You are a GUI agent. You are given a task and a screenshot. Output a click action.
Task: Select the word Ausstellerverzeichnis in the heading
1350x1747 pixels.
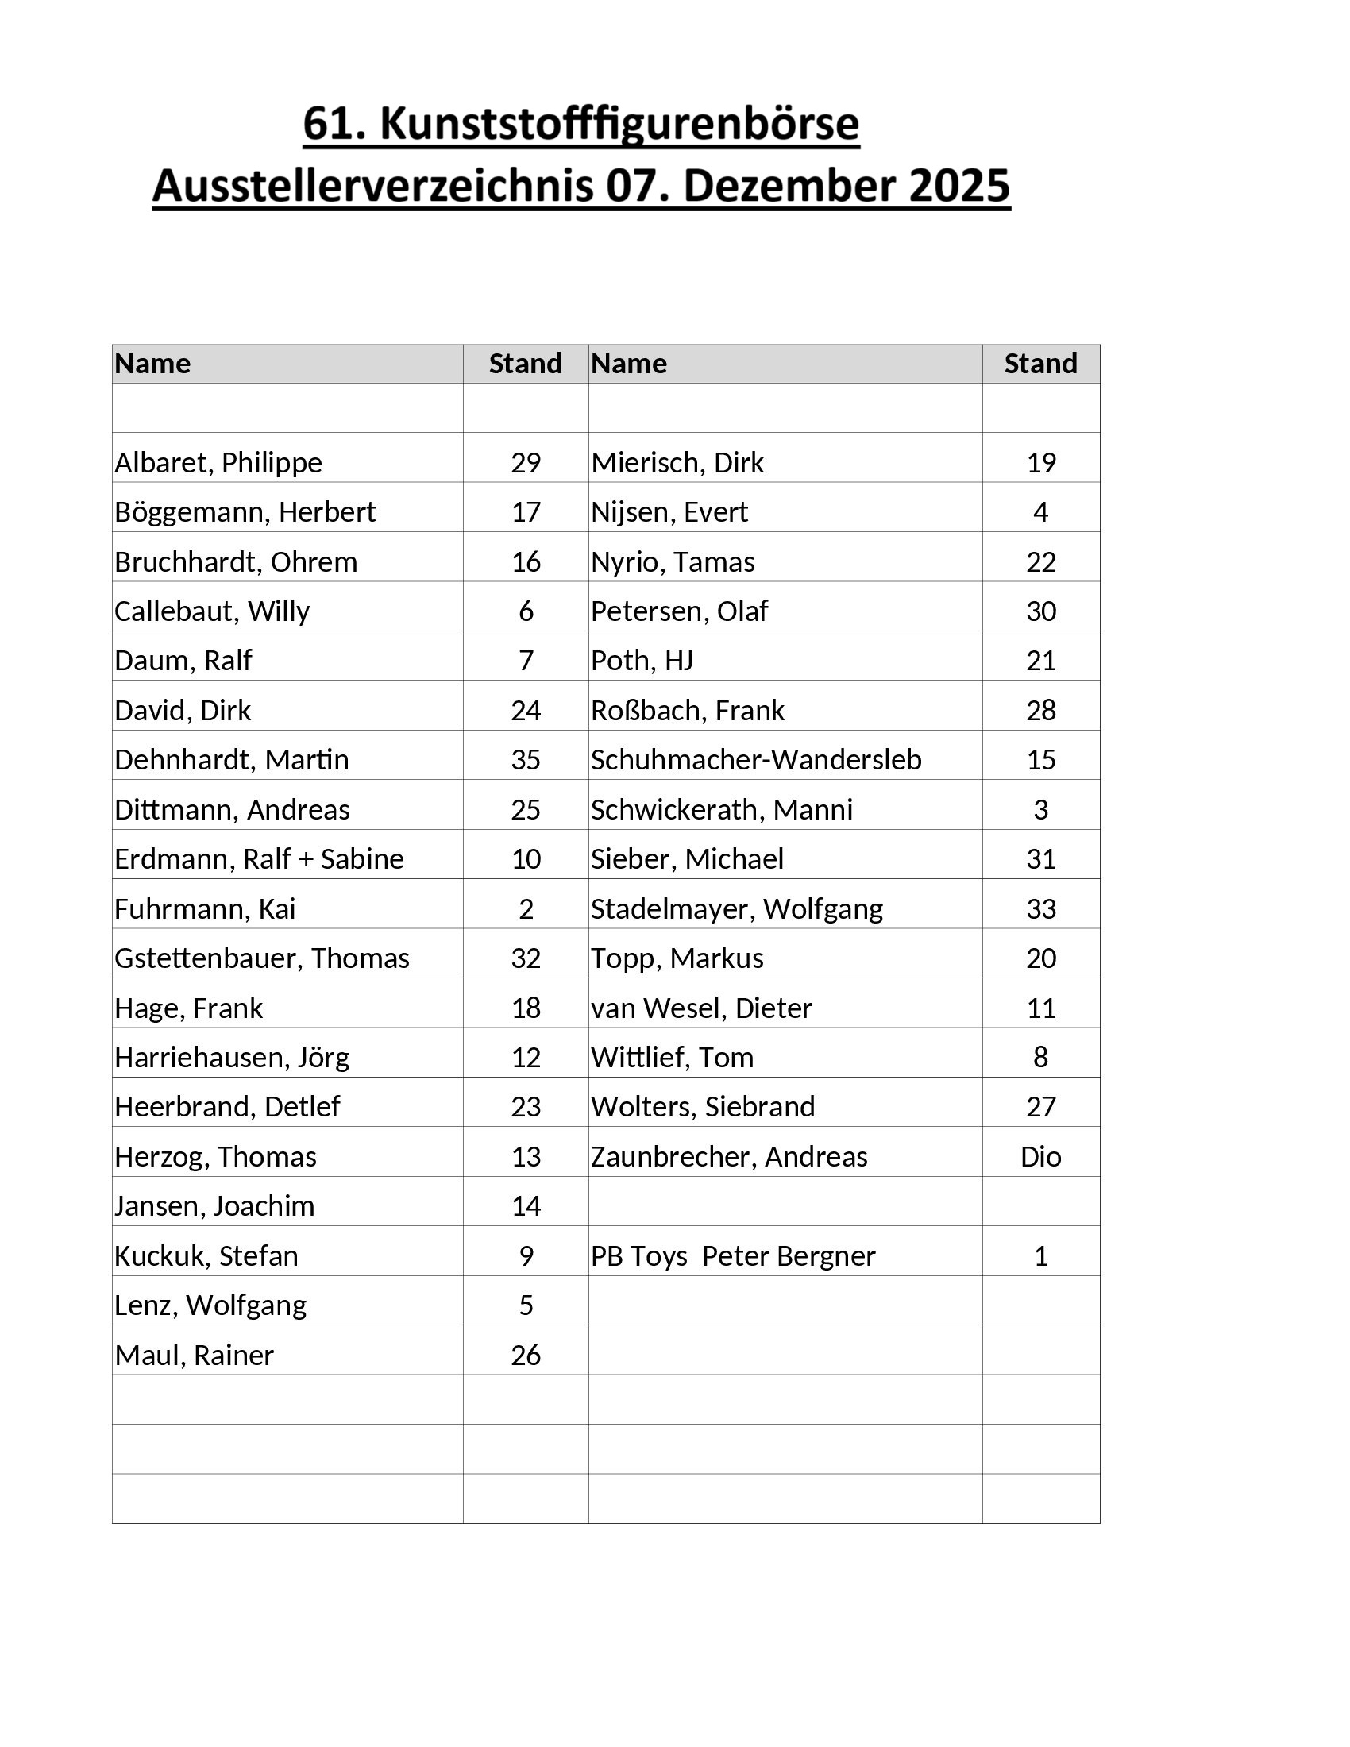click(x=372, y=186)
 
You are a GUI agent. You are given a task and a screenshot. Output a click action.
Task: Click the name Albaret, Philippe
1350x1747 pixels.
click(x=218, y=462)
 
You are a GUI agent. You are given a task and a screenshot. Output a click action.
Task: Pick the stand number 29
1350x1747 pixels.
click(x=526, y=462)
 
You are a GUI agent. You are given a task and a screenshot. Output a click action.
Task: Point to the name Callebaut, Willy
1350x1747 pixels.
click(x=212, y=611)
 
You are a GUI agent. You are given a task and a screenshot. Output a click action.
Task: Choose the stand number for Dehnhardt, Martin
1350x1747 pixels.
click(x=526, y=760)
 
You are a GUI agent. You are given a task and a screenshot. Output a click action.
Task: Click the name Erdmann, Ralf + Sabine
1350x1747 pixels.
click(x=259, y=859)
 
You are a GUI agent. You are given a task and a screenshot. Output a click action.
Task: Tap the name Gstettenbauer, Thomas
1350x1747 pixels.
click(x=261, y=958)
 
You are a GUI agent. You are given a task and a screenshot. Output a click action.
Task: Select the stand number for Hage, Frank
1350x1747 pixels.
click(x=526, y=1008)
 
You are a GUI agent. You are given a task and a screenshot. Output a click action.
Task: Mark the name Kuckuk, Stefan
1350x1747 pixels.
click(x=206, y=1256)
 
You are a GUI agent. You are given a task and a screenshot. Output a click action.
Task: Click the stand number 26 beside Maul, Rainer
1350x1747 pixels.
click(x=526, y=1355)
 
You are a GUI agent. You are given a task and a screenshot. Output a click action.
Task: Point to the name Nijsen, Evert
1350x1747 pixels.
click(x=669, y=512)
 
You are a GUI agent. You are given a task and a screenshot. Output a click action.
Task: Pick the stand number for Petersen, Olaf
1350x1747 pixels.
click(x=1040, y=611)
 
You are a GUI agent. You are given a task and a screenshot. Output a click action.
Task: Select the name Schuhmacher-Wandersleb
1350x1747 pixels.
click(x=756, y=760)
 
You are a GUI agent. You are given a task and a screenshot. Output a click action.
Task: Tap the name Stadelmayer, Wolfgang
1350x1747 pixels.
click(x=737, y=908)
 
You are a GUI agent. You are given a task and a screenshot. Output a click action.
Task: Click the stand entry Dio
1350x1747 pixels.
click(x=1040, y=1157)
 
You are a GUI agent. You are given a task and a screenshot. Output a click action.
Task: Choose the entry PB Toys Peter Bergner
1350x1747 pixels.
click(x=733, y=1256)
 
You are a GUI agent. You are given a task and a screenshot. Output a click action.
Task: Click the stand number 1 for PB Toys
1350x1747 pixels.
click(x=1040, y=1256)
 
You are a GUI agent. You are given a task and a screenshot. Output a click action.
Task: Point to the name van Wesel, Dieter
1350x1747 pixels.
click(x=701, y=1008)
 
